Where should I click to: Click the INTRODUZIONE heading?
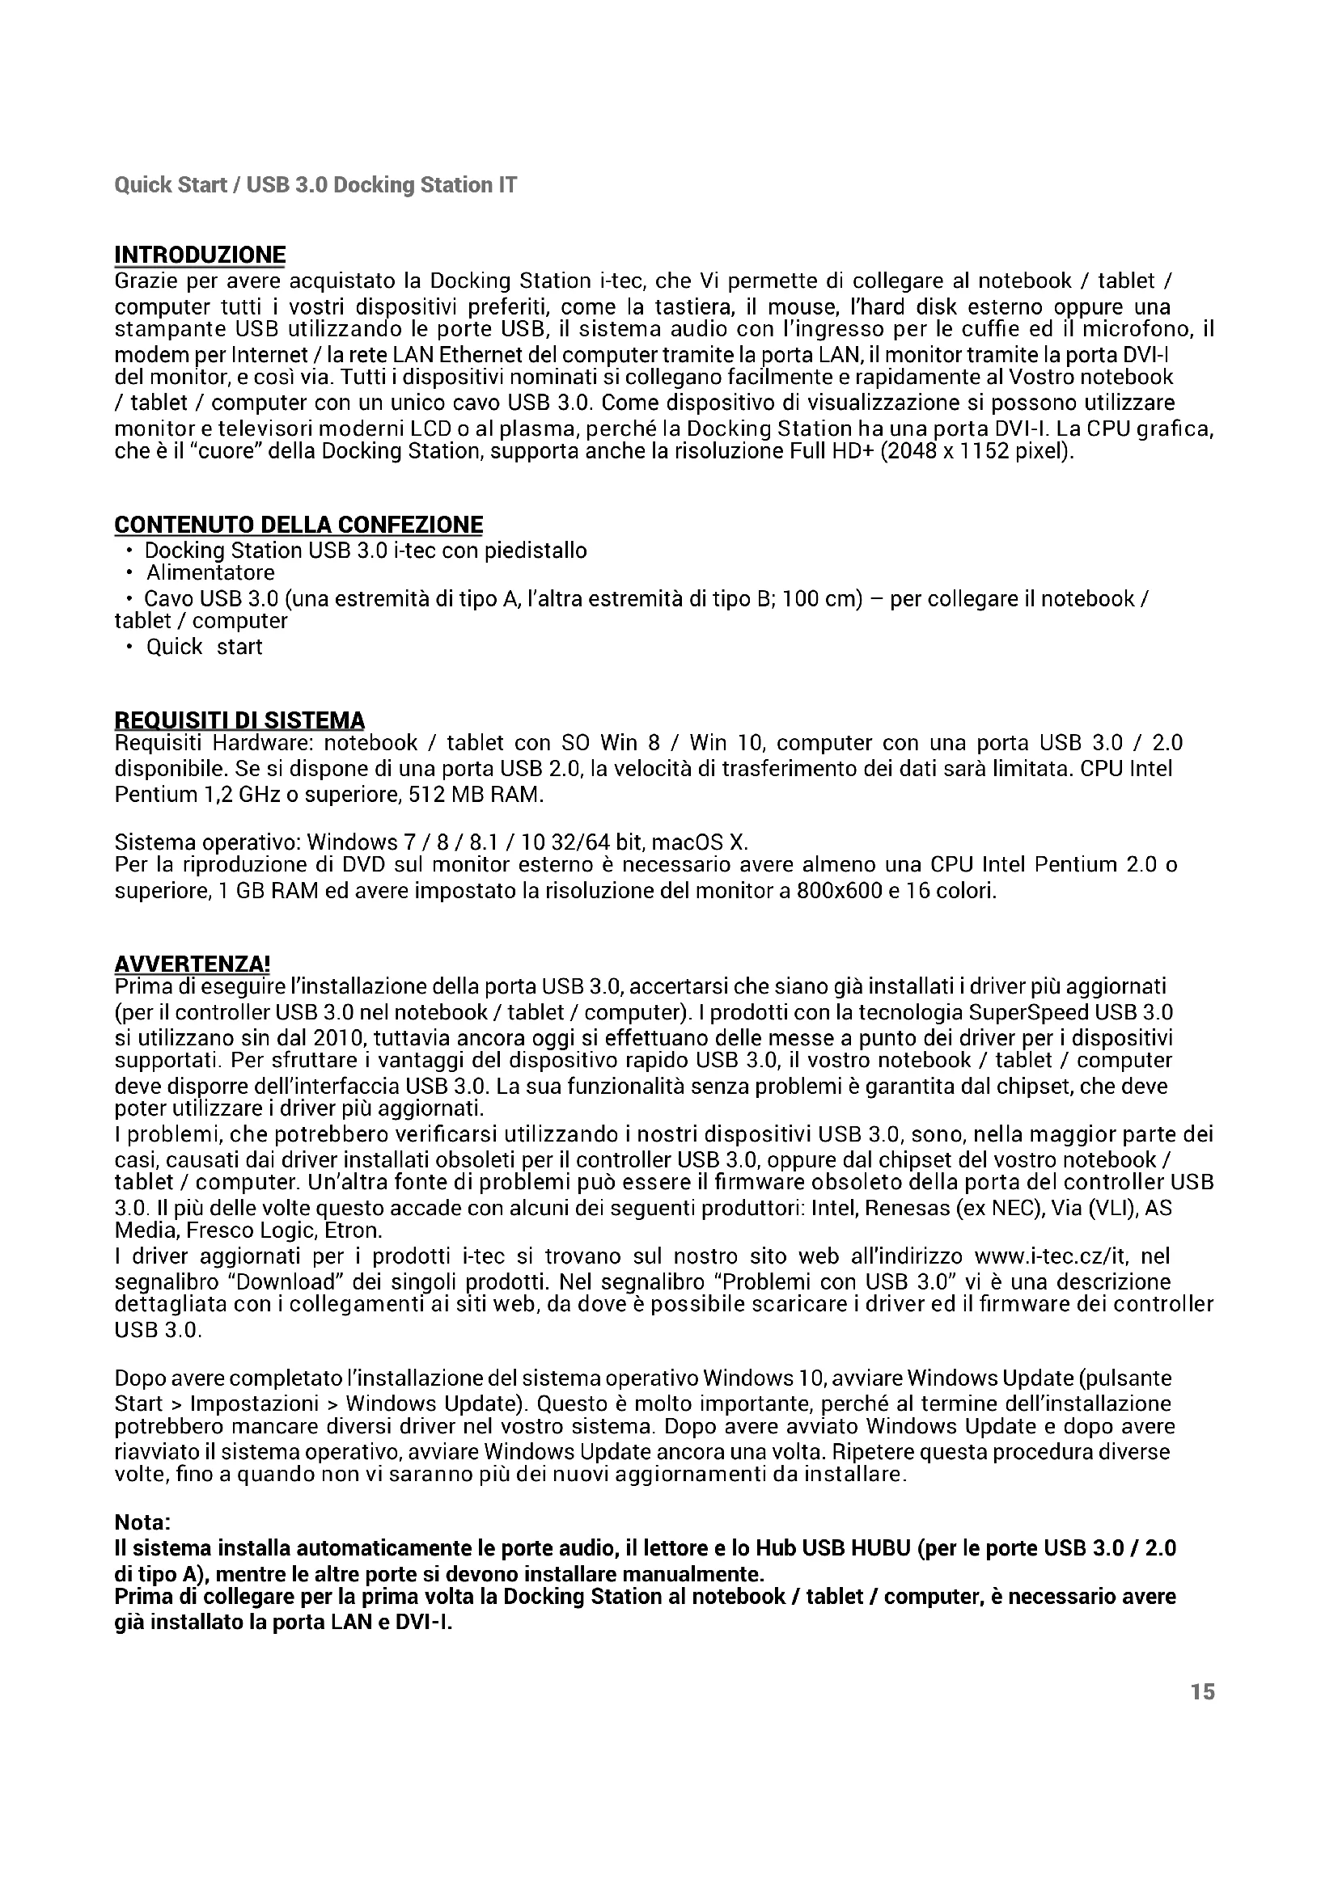[200, 255]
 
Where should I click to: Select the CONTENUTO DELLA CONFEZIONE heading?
[299, 525]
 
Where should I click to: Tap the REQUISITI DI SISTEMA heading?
[239, 720]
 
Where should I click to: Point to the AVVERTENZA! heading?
[192, 964]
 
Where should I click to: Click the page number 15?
[1202, 1691]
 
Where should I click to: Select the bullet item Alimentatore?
[210, 572]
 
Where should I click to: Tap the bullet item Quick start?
[205, 647]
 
